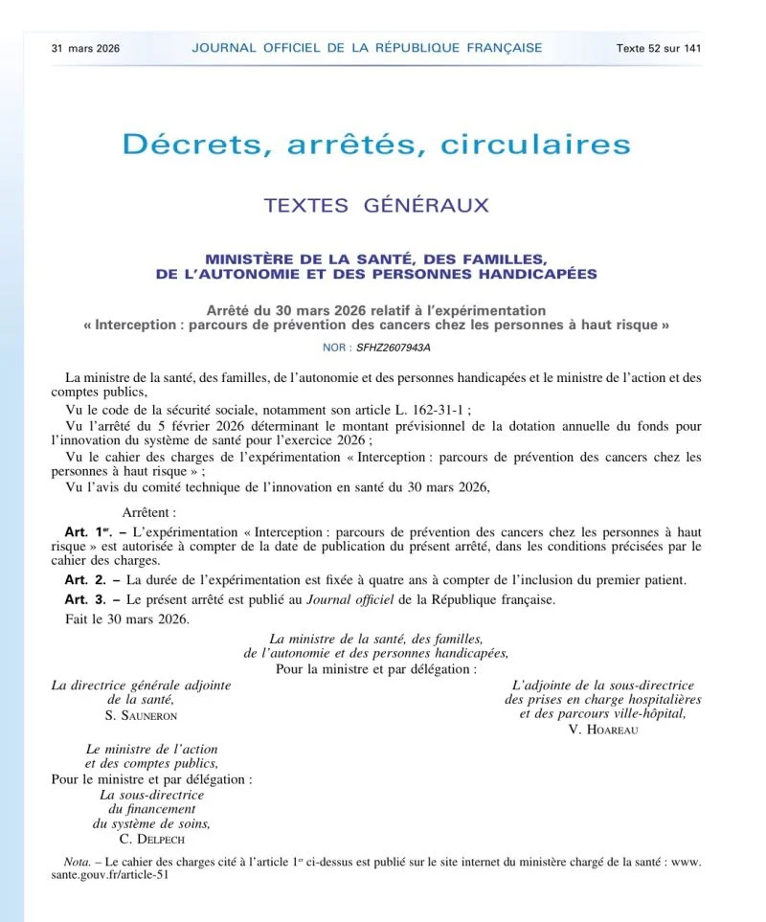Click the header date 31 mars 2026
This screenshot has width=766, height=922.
85,48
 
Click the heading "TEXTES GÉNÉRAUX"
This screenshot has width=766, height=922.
376,205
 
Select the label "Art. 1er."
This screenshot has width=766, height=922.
89,531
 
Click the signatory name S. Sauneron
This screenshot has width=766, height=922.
141,714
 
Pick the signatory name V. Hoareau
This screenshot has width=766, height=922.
603,729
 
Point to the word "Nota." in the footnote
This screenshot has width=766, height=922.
71,862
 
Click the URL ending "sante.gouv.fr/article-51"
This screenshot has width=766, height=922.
110,875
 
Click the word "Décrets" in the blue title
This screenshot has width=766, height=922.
188,145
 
